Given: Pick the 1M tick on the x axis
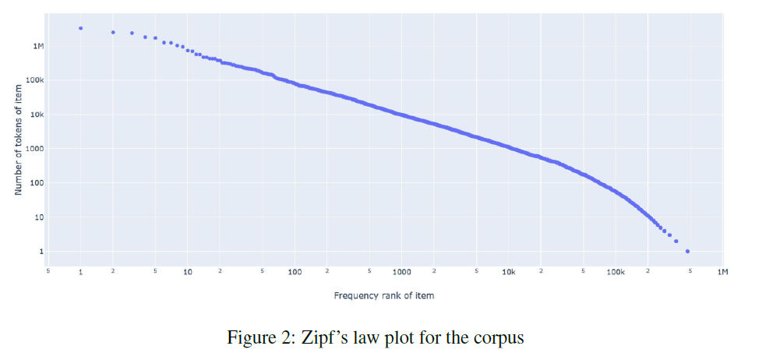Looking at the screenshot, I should point(722,272).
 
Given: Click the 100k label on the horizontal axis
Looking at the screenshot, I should point(615,272).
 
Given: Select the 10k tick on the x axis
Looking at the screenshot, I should point(509,272).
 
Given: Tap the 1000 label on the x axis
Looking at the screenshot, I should point(401,272).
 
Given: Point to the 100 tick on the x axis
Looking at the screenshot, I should point(295,272).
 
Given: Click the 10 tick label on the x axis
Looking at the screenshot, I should point(188,272).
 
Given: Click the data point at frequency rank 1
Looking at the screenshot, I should point(81,28).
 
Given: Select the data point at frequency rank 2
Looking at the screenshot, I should point(113,32).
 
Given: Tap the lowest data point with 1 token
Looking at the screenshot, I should point(687,252).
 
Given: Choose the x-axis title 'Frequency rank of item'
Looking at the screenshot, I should point(384,295).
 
